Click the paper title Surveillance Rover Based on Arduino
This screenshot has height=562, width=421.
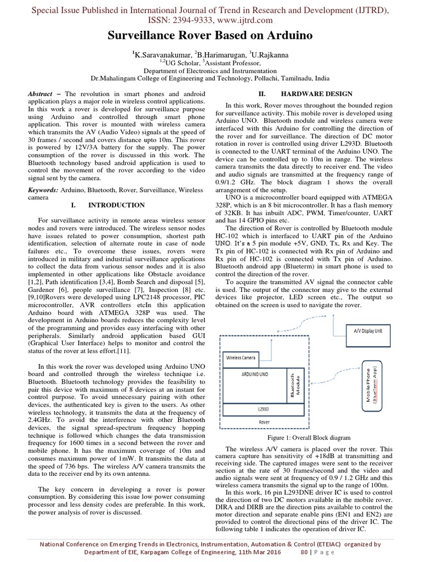tap(210, 36)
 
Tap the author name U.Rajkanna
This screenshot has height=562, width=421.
tap(269, 55)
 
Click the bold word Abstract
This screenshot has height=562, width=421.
tap(41, 94)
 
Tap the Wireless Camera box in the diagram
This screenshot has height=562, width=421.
tap(242, 357)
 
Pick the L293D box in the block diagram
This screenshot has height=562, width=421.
tap(264, 409)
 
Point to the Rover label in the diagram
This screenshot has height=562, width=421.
tap(264, 422)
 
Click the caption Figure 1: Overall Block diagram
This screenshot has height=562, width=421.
tap(308, 438)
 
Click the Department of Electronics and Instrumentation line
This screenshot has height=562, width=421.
tap(210, 71)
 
